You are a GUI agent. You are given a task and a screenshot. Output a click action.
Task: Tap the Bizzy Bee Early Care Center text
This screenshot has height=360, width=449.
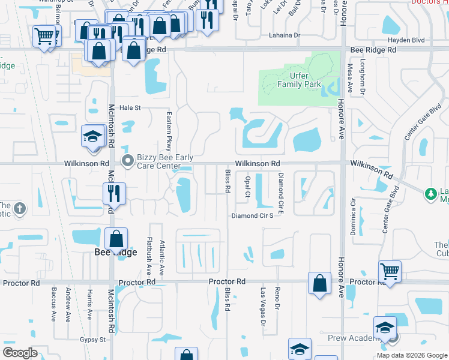click(x=165, y=161)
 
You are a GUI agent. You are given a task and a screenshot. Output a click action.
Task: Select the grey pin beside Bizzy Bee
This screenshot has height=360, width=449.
click(x=127, y=160)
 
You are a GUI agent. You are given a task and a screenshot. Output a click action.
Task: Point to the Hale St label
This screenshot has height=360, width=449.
click(x=130, y=108)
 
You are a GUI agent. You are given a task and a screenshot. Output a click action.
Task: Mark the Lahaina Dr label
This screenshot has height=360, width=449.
click(x=285, y=35)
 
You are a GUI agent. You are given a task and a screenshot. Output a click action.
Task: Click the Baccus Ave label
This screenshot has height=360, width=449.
click(x=54, y=304)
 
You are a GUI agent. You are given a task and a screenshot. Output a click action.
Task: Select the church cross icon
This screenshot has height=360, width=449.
click(x=20, y=209)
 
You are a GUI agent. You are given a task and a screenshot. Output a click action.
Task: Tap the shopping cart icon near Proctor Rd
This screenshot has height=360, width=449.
click(x=390, y=271)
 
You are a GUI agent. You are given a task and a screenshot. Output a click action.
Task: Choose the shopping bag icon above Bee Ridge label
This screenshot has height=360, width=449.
click(x=115, y=239)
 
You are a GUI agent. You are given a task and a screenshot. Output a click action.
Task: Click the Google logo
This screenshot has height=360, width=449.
click(x=20, y=353)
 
